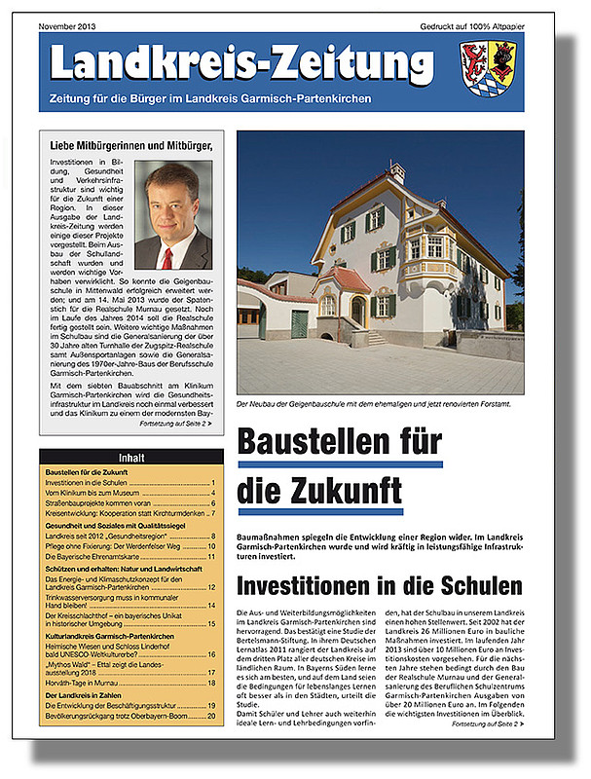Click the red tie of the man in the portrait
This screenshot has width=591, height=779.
pos(167,258)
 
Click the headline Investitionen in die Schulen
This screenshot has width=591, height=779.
pos(380,585)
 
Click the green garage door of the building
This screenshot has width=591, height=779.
pos(299,323)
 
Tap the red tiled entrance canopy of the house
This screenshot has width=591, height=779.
pos(343,278)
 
